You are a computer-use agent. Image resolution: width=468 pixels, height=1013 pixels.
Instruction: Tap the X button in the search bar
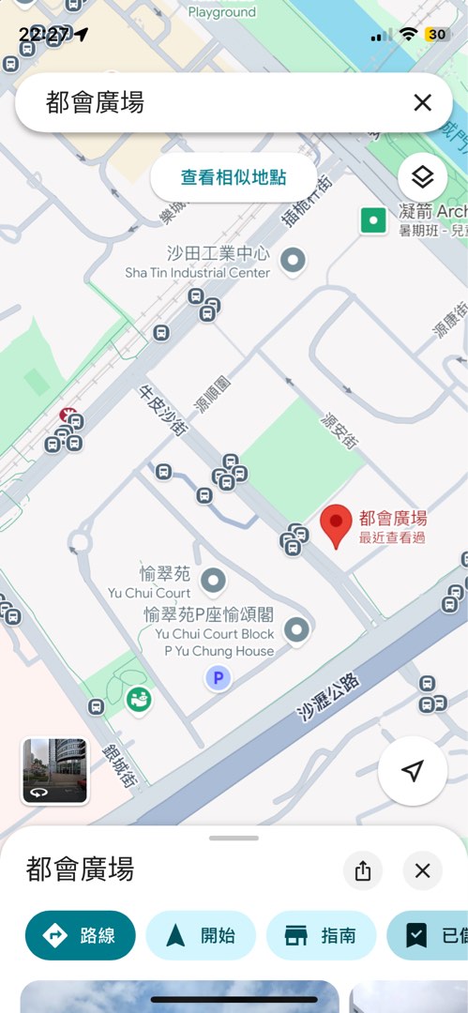(422, 103)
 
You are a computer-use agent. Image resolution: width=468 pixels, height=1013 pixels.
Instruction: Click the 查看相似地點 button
(234, 177)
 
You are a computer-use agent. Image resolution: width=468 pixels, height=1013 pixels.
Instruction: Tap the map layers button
(422, 177)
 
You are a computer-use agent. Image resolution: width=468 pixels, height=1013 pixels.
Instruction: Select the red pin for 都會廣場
(336, 526)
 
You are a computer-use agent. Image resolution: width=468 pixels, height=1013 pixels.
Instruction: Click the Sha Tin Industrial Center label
(198, 272)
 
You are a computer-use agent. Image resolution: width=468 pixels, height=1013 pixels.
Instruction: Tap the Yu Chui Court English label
(149, 593)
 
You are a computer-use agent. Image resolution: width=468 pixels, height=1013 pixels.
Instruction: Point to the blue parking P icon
(219, 678)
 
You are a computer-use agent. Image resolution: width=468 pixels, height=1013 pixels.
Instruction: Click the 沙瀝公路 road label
(329, 696)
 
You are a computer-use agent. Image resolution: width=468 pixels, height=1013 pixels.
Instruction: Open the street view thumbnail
(54, 770)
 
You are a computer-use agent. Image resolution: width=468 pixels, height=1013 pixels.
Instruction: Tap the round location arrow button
(412, 771)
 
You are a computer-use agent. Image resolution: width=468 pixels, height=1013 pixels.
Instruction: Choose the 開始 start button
(201, 935)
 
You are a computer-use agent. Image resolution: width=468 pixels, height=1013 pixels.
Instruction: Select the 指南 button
(321, 935)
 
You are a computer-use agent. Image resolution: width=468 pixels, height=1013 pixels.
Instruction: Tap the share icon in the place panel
(363, 870)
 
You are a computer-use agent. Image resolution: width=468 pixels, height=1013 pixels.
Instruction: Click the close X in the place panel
(422, 870)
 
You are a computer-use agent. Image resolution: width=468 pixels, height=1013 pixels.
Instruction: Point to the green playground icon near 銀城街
(139, 699)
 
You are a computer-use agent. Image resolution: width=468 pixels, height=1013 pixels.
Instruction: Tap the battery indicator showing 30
(437, 35)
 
